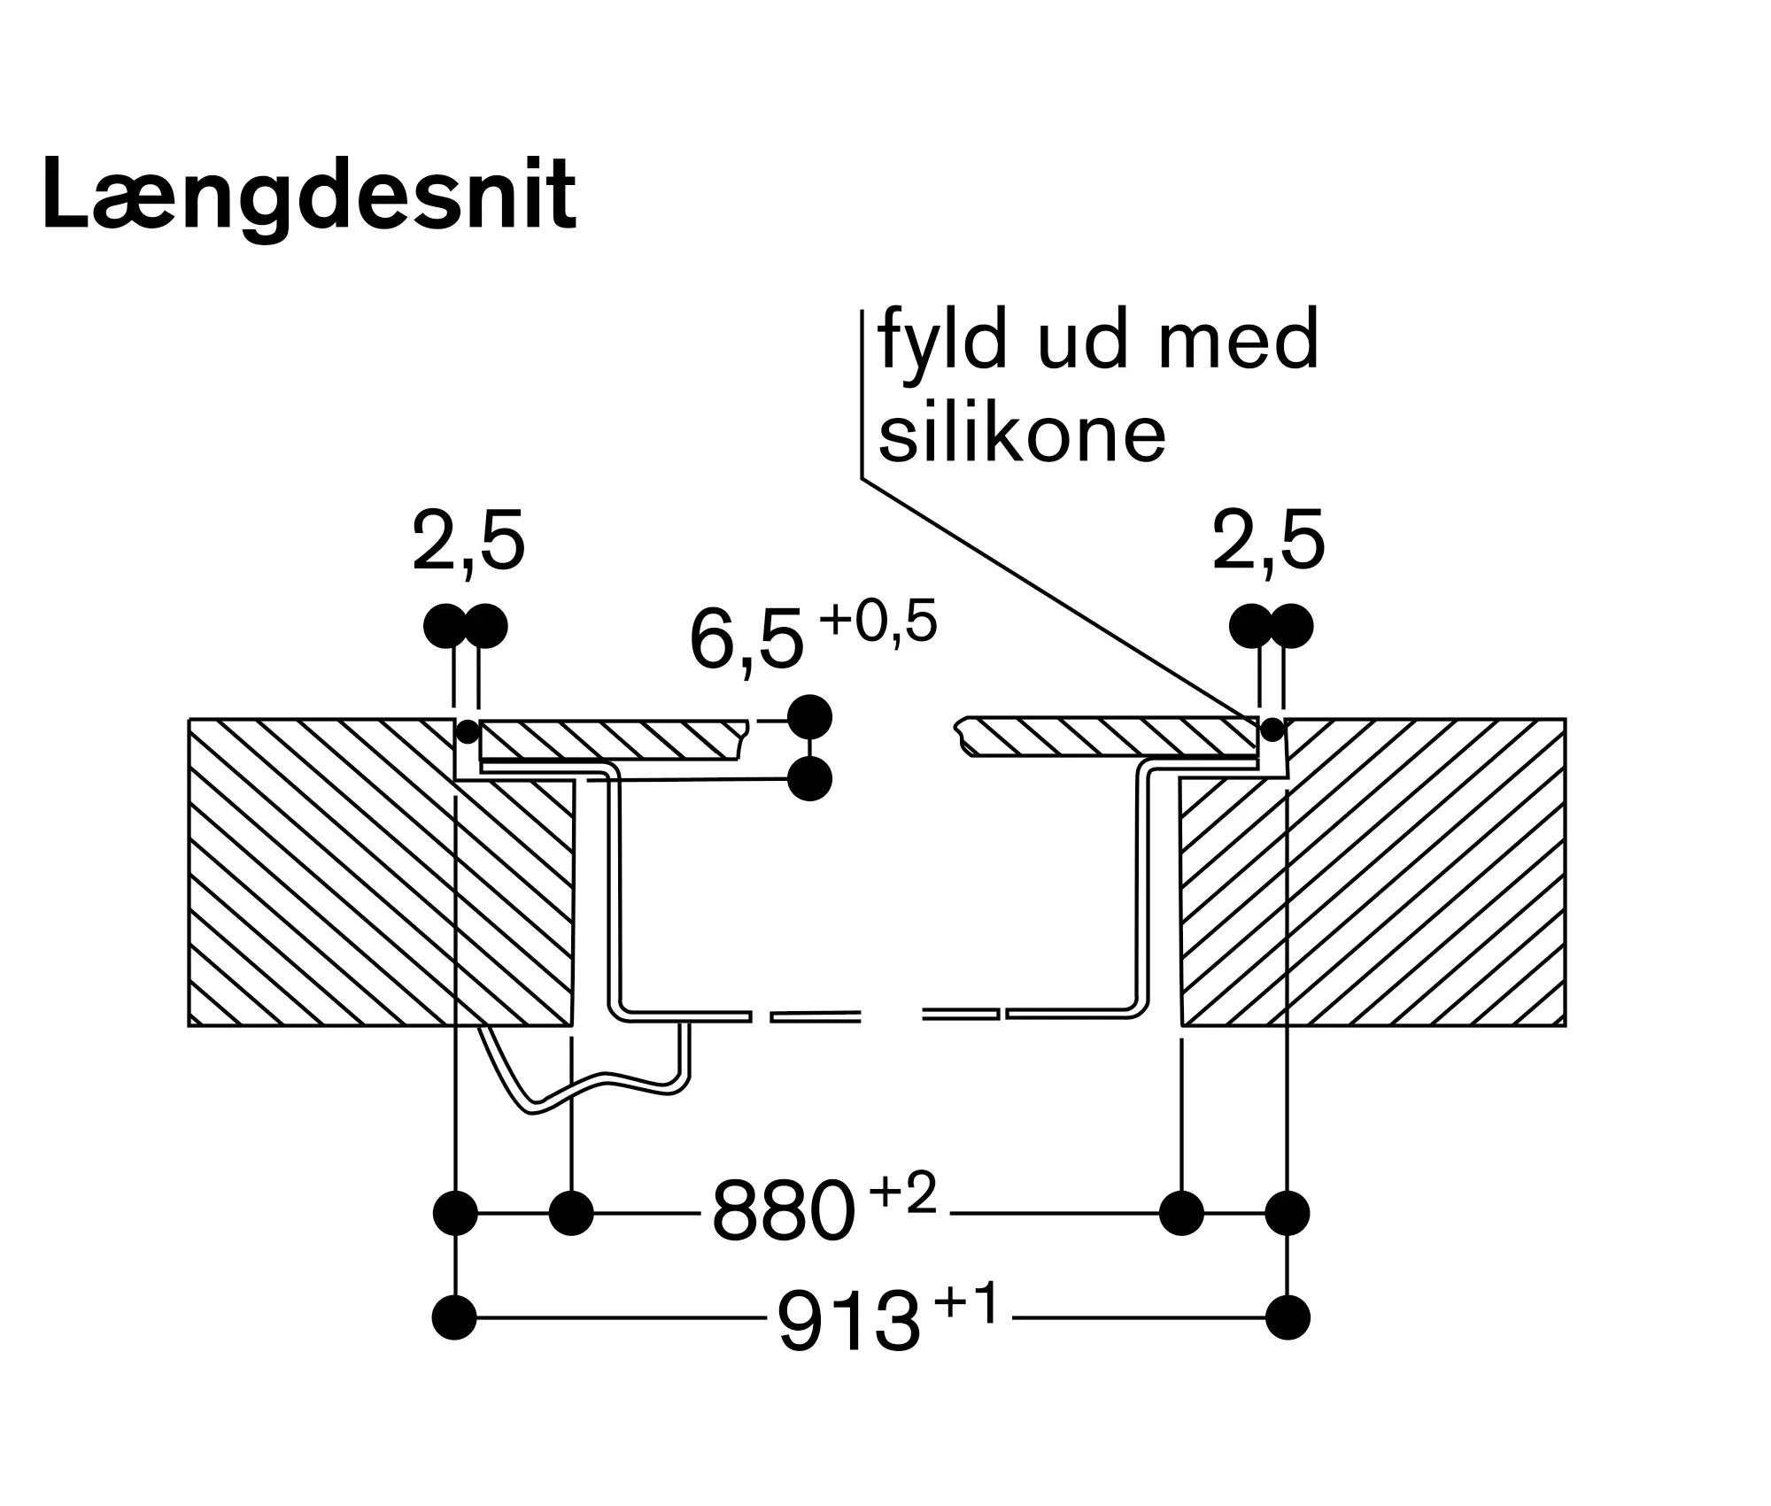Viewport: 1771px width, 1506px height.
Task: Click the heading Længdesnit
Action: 309,197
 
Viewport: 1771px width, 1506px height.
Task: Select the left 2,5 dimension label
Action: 468,542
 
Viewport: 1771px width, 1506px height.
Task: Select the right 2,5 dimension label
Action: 1268,542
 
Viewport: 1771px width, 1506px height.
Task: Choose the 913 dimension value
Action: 849,1319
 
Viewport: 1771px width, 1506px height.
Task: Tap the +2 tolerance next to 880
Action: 902,1194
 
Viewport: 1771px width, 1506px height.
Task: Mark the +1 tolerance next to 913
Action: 967,1302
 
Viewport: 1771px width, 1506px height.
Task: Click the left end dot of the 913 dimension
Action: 454,1318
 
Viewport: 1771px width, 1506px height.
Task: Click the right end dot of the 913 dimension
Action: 1288,1318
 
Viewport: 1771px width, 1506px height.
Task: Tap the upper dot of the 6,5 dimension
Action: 809,717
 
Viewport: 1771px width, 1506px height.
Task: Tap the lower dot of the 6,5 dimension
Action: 809,779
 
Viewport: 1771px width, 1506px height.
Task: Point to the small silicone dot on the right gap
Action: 1272,730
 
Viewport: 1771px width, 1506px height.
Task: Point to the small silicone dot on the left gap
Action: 467,732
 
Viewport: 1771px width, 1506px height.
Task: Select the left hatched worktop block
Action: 381,872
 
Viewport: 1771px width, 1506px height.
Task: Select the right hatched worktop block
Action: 1373,872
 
